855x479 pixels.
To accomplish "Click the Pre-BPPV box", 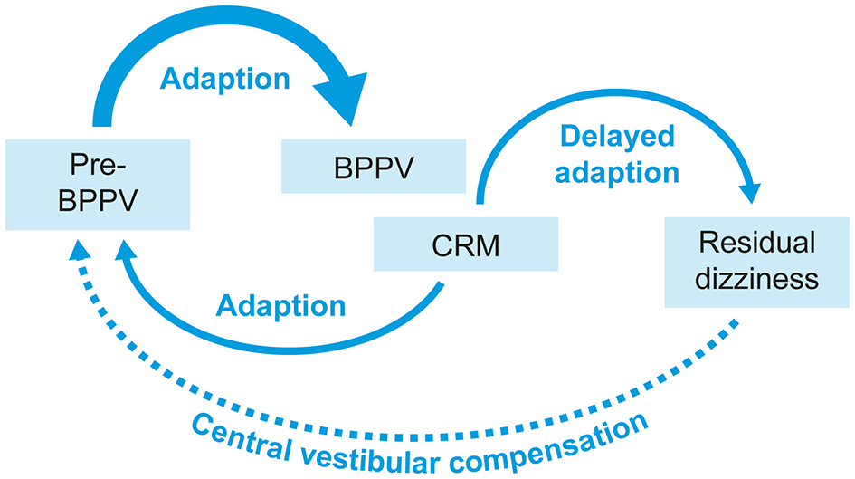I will pos(97,184).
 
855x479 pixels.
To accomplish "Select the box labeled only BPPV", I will pos(375,167).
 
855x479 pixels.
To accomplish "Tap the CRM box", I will pos(465,246).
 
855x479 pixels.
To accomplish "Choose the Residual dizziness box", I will pos(758,261).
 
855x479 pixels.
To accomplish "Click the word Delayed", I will pos(616,136).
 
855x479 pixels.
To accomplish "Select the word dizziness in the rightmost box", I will pos(758,278).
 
